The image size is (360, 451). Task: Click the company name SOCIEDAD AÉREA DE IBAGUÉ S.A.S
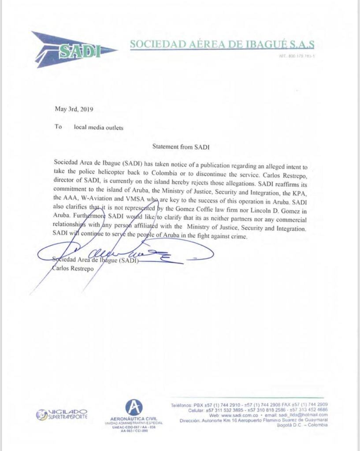(x=222, y=44)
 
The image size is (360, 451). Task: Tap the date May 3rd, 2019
(x=74, y=109)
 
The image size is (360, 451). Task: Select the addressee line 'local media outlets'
(x=99, y=127)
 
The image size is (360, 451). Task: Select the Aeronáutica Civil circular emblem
(x=134, y=407)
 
